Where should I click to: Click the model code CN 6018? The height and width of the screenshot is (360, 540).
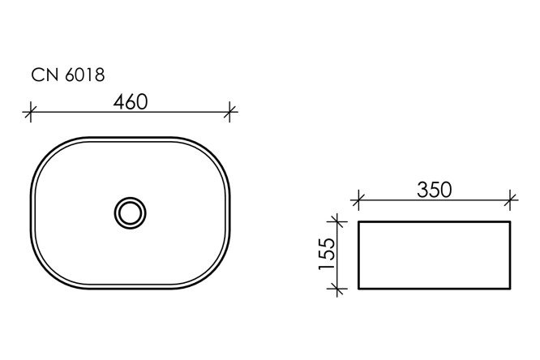(x=67, y=75)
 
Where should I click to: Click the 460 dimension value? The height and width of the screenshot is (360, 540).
(x=130, y=102)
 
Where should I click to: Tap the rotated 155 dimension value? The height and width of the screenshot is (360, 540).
(x=324, y=254)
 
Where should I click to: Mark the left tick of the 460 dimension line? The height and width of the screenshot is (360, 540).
(x=31, y=112)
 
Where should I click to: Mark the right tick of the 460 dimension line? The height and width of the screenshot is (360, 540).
(x=230, y=112)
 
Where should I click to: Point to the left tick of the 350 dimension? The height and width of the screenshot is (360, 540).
(x=358, y=198)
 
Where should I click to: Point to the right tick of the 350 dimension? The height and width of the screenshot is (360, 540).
(x=510, y=198)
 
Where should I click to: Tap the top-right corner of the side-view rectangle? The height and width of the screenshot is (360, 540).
(x=509, y=221)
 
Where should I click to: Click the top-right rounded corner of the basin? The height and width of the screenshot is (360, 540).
(x=214, y=154)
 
